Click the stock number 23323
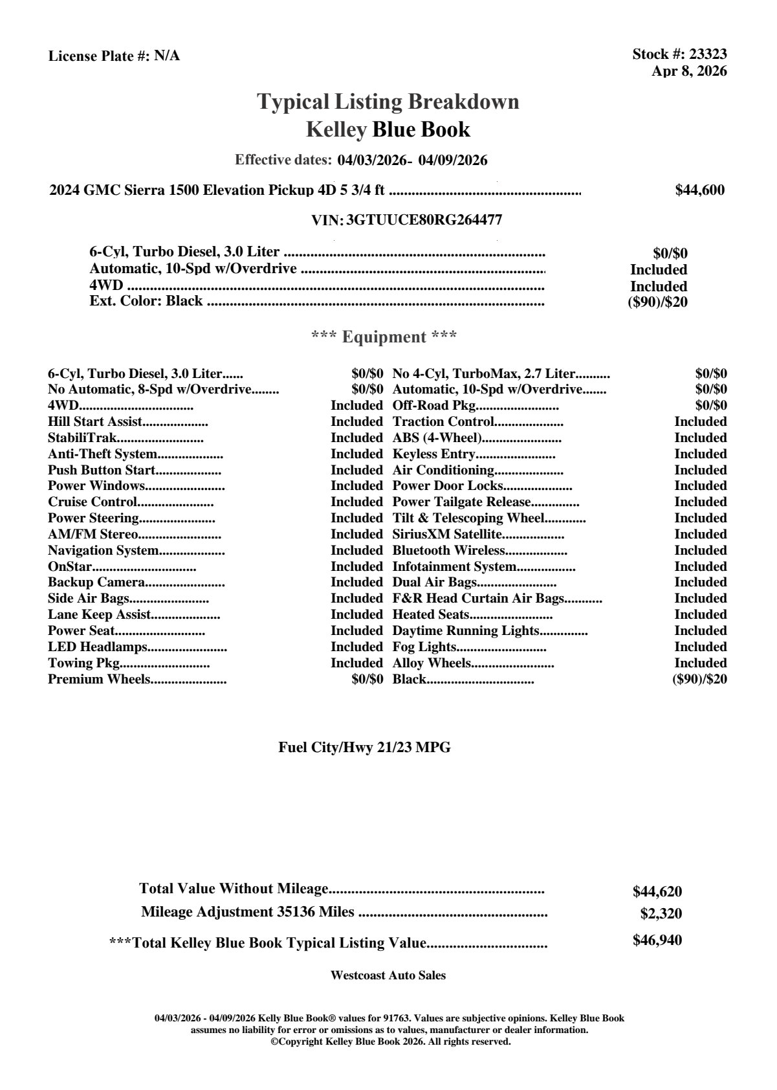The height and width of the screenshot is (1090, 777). [708, 54]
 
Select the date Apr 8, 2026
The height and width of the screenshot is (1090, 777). [689, 71]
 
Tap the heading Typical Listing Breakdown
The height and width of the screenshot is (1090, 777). [388, 102]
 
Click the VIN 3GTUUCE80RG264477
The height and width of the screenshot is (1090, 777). [424, 220]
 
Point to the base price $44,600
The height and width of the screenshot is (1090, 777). [699, 190]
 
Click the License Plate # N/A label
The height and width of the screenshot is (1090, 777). [114, 56]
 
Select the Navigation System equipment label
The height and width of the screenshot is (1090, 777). [104, 550]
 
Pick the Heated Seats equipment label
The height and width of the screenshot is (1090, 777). [431, 614]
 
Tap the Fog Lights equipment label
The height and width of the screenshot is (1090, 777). [424, 647]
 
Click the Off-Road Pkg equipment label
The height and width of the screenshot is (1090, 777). [434, 405]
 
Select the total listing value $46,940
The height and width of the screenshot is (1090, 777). [657, 940]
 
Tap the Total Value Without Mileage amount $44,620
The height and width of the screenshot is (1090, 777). [657, 891]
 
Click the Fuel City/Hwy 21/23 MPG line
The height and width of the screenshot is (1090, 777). [364, 748]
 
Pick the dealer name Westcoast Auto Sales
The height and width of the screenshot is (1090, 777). [388, 975]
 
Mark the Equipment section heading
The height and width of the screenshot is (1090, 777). [384, 337]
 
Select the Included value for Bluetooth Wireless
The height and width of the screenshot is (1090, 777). [701, 550]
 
